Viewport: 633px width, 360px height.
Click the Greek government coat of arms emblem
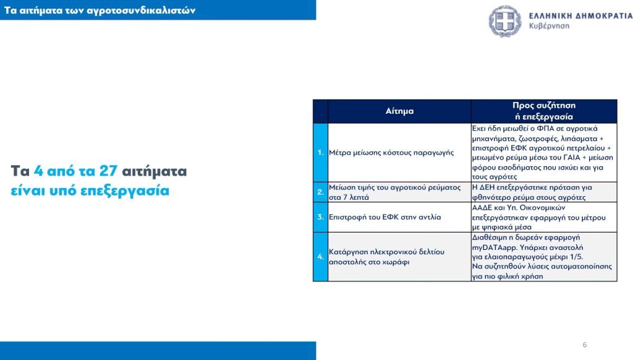click(x=504, y=21)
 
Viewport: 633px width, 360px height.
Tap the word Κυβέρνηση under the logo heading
click(x=549, y=26)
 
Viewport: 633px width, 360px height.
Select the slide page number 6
click(x=585, y=345)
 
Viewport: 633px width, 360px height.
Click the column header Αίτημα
click(x=399, y=111)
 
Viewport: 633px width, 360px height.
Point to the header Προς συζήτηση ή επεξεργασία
click(x=544, y=111)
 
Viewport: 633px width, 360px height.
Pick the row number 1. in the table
click(x=321, y=153)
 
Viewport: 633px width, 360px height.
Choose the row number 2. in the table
click(x=321, y=192)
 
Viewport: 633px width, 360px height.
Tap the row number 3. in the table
click(x=321, y=217)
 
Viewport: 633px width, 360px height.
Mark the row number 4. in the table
click(x=321, y=257)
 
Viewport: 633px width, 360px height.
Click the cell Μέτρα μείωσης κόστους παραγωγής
click(x=391, y=153)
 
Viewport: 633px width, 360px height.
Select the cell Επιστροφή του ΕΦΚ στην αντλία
click(x=384, y=217)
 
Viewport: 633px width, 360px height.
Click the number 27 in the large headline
click(x=108, y=171)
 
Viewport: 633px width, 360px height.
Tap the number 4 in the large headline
click(x=38, y=171)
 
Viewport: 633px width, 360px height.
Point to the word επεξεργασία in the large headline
click(x=125, y=191)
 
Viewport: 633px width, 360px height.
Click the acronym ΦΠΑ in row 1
click(x=545, y=129)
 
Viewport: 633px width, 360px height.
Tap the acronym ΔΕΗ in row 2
click(x=486, y=187)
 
